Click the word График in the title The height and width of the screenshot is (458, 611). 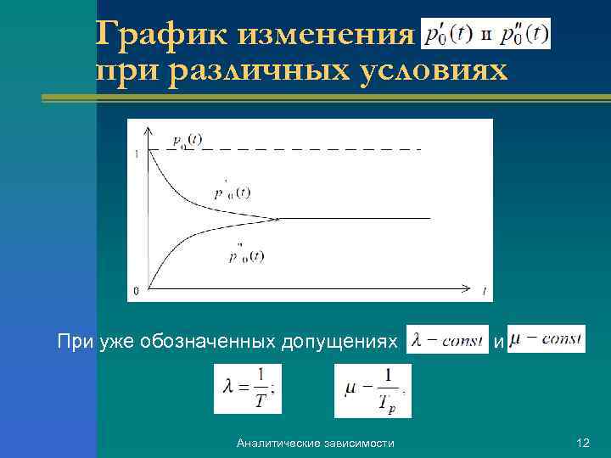point(163,35)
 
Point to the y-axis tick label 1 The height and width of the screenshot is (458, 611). point(137,154)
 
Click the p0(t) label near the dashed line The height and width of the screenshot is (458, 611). point(187,140)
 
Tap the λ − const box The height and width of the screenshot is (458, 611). point(447,341)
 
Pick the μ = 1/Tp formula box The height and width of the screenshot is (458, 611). point(373,391)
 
